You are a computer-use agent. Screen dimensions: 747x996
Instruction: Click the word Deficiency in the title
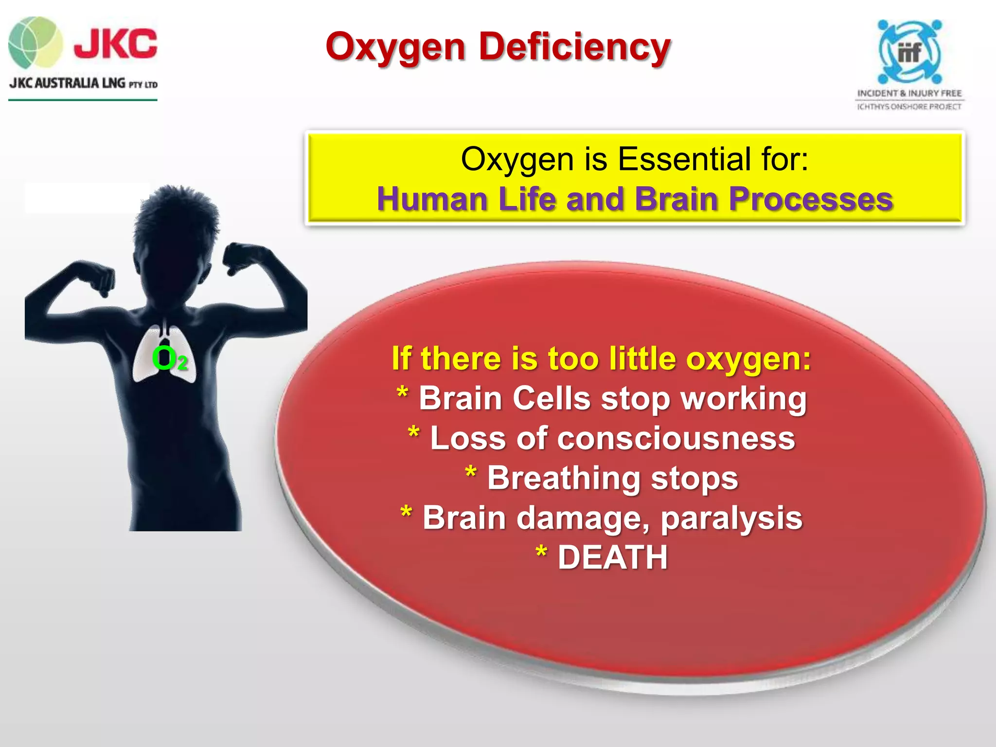point(574,47)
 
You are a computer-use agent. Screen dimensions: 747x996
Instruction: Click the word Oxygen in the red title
point(395,48)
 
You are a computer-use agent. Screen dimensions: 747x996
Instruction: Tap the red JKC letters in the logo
point(116,44)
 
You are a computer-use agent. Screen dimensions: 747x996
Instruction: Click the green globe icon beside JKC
point(35,42)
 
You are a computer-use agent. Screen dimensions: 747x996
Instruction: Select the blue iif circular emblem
point(909,52)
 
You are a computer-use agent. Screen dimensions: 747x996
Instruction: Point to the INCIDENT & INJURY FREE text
point(909,93)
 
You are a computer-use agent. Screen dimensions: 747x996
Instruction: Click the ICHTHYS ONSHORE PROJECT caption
point(909,107)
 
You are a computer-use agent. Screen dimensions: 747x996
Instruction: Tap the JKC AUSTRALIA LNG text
point(68,83)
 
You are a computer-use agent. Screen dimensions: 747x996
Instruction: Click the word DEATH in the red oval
point(612,557)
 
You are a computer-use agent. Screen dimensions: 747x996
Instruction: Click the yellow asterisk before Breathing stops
point(470,473)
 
